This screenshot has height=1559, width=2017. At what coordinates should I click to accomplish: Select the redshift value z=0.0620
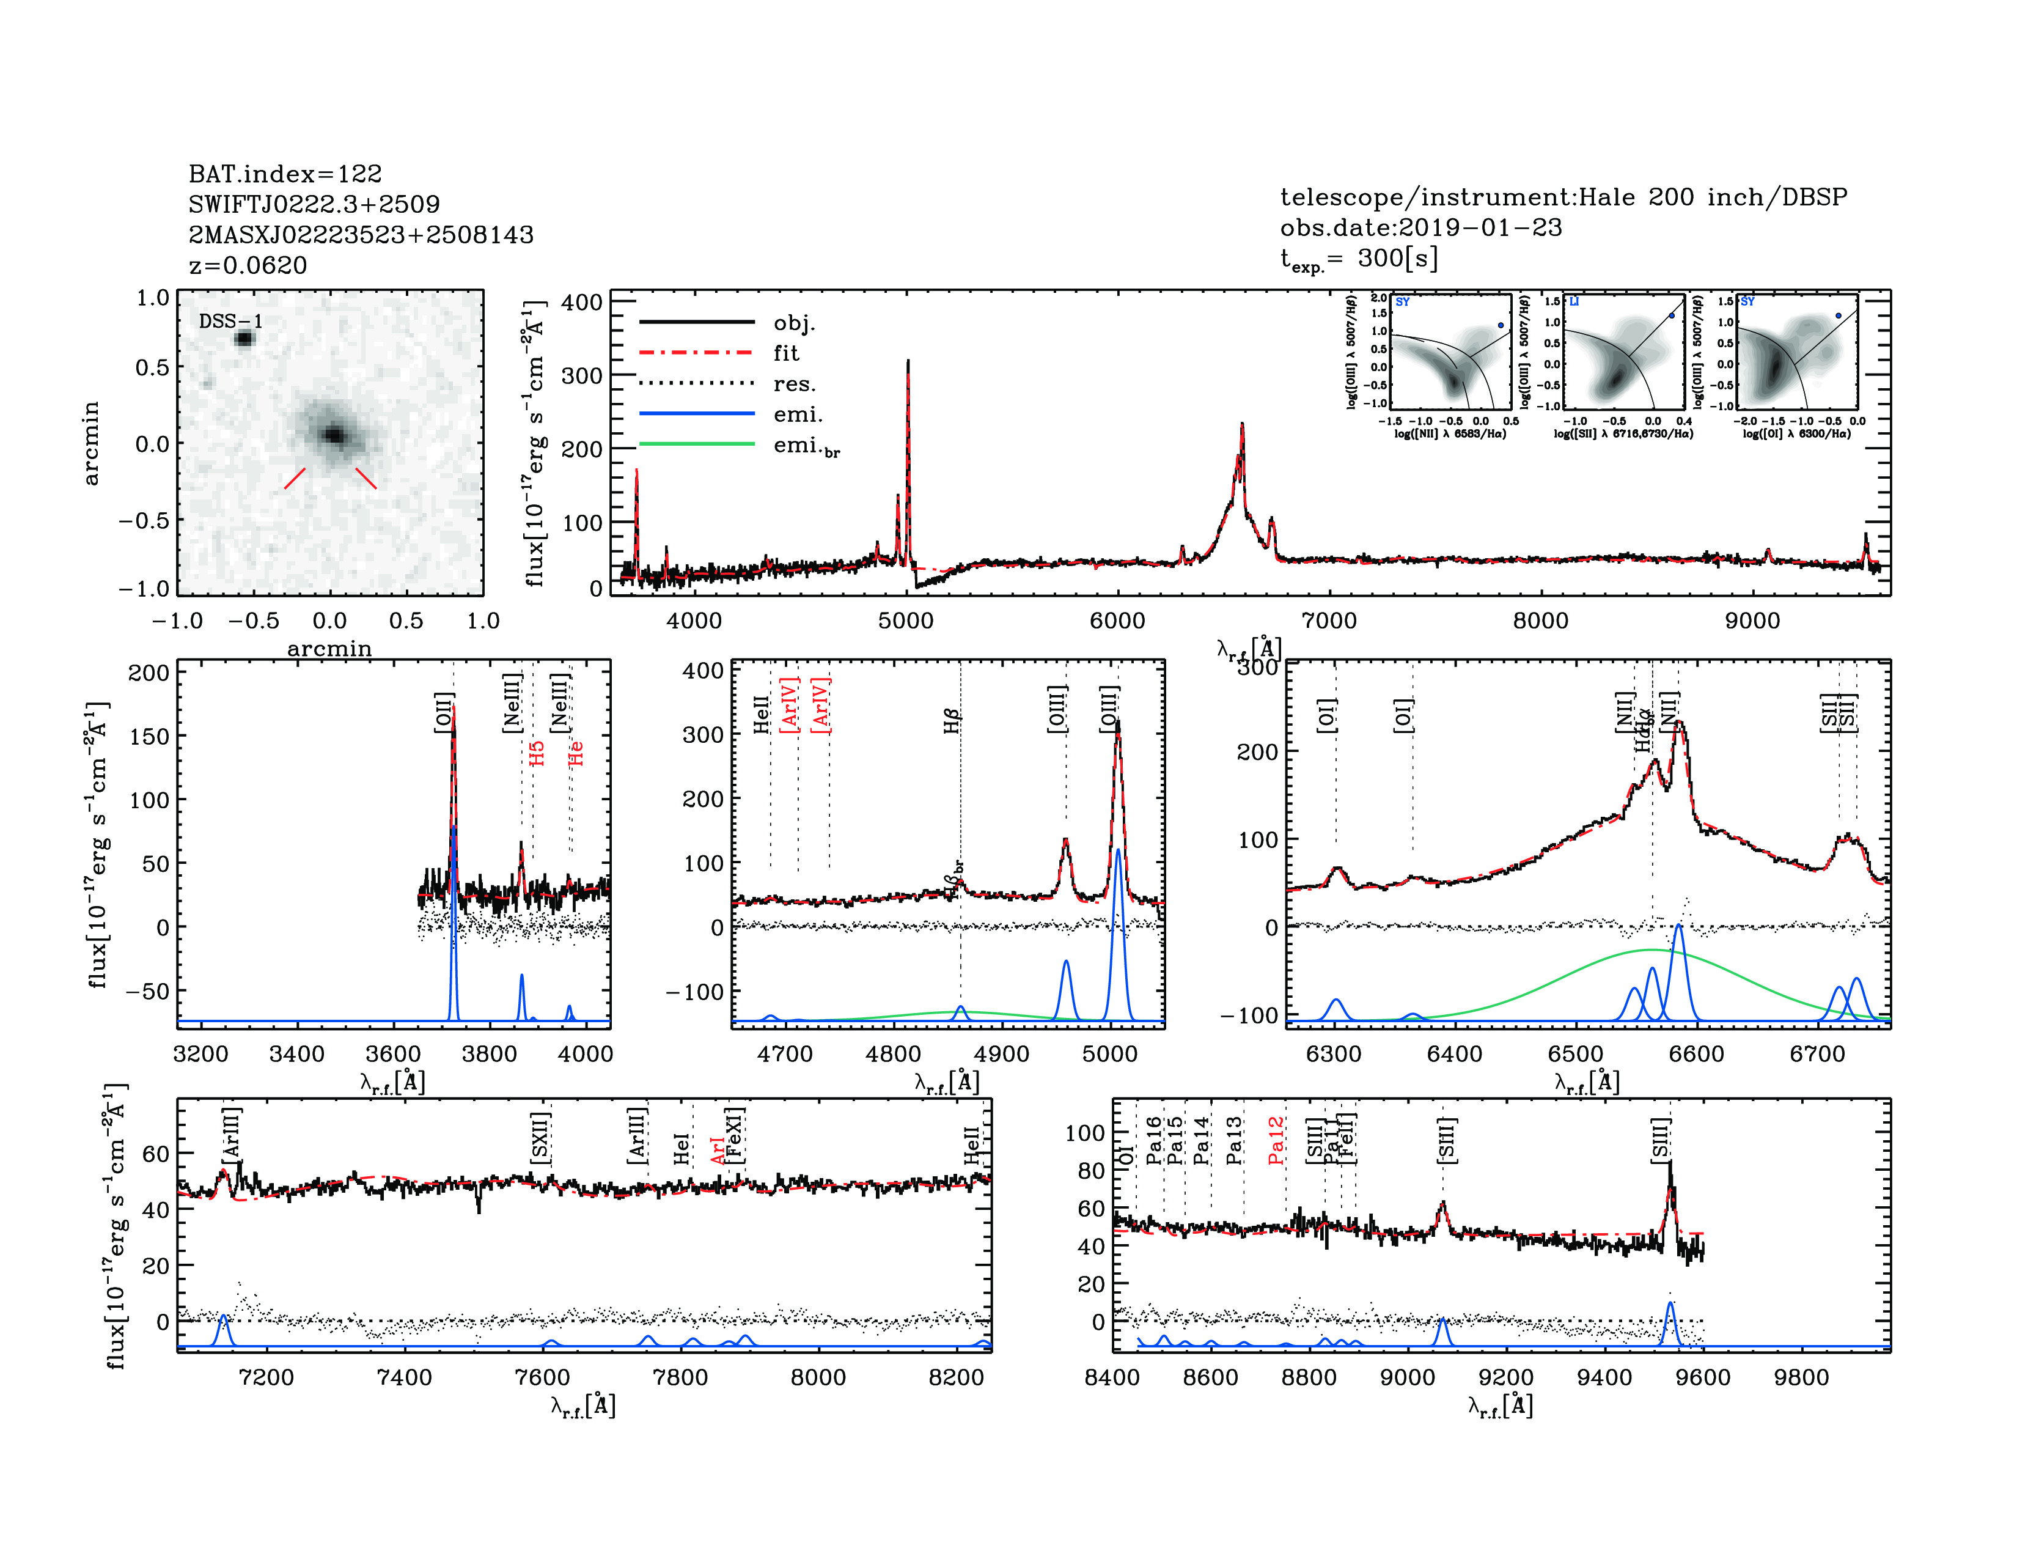[x=248, y=265]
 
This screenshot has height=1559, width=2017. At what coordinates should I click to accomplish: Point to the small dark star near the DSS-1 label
[x=244, y=339]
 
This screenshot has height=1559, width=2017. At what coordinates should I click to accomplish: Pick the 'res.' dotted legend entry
[x=794, y=384]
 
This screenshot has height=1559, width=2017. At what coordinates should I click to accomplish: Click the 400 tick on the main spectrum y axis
[x=582, y=302]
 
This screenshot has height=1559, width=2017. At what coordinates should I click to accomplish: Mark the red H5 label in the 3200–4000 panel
[x=537, y=753]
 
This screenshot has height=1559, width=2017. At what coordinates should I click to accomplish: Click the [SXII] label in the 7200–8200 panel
[x=541, y=1138]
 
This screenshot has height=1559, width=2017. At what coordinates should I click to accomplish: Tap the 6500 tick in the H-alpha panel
[x=1576, y=1054]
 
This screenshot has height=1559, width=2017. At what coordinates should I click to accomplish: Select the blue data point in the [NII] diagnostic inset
[x=1501, y=325]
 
